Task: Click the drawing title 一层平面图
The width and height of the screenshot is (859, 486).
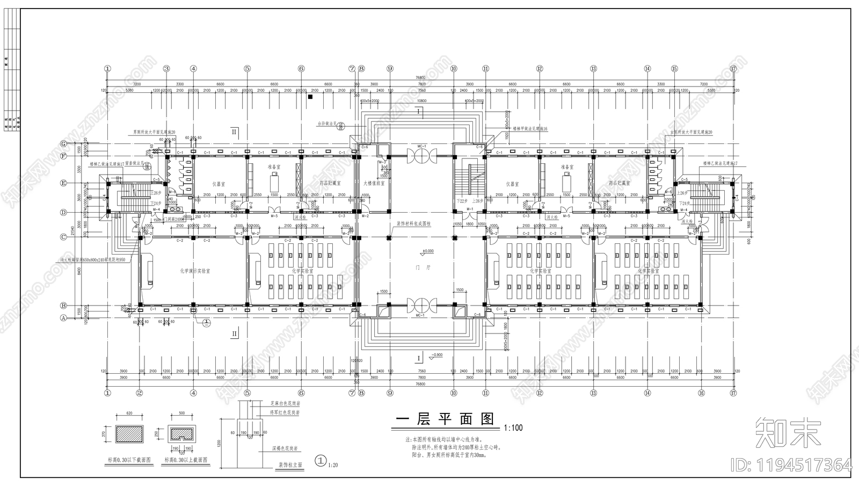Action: [445, 419]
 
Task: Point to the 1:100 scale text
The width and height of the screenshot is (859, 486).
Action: [513, 428]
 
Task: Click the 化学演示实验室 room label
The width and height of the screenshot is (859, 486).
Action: [194, 271]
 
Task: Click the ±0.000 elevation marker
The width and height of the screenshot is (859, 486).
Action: [428, 251]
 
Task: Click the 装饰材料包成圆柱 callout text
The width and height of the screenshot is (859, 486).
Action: [413, 223]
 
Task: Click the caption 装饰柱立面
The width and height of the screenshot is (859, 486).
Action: [290, 465]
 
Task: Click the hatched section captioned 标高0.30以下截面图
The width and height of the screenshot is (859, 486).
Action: [129, 433]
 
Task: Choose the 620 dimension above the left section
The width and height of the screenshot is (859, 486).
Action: [129, 414]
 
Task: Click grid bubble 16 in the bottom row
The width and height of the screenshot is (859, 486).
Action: [701, 393]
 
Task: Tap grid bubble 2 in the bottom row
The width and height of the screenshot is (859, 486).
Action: [140, 393]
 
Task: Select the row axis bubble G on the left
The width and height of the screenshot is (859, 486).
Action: [63, 144]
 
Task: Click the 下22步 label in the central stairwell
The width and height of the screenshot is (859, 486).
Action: [461, 200]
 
